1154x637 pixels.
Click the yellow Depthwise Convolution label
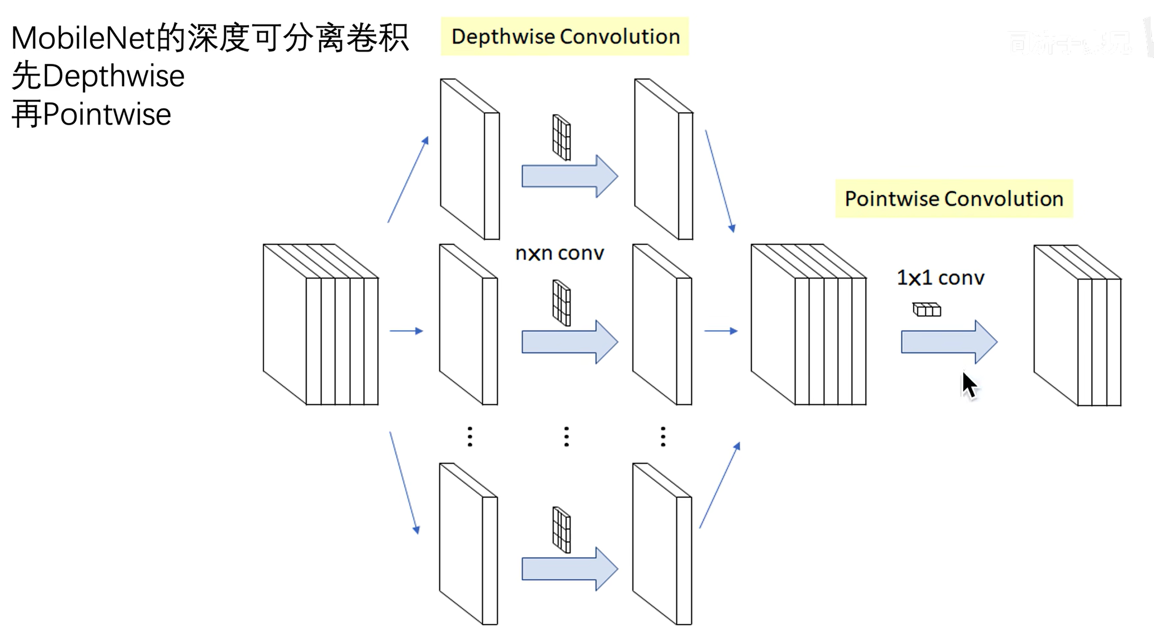(x=565, y=37)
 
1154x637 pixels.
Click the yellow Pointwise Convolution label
(x=954, y=199)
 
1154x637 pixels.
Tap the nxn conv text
(x=560, y=254)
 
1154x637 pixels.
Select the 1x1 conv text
(x=940, y=278)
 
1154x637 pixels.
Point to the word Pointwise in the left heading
(x=107, y=115)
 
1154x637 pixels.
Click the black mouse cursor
(x=969, y=386)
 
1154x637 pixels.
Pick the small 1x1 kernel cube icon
(x=926, y=309)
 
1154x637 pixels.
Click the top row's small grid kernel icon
(x=561, y=138)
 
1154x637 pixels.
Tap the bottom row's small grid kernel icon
(x=561, y=529)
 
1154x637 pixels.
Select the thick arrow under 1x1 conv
(x=949, y=342)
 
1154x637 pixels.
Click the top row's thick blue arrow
(x=569, y=177)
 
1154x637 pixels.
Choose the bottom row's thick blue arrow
(x=569, y=569)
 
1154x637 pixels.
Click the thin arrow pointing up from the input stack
(x=408, y=180)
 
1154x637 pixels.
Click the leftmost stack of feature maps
(x=320, y=325)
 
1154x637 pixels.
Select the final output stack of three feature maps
(x=1077, y=326)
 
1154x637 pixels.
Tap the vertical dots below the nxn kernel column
(x=567, y=437)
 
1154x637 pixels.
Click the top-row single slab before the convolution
(x=470, y=159)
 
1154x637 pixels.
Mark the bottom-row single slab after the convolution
(x=662, y=544)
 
